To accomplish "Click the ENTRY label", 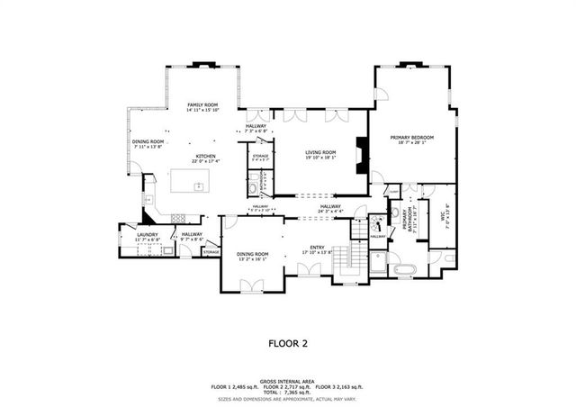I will [x=317, y=250].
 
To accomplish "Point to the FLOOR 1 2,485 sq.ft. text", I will [x=237, y=385].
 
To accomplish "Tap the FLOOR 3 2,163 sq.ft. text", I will [x=340, y=385].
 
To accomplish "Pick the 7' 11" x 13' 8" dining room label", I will [x=148, y=145].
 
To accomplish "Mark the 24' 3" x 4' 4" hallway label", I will [x=329, y=211].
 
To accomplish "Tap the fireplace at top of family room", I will [x=202, y=66].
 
